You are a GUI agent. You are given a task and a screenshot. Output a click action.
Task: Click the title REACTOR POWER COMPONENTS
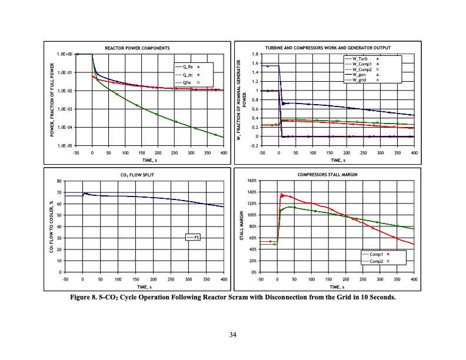pos(137,47)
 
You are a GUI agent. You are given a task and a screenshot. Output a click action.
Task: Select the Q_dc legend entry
pos(189,75)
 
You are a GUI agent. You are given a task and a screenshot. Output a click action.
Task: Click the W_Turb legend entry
pos(361,59)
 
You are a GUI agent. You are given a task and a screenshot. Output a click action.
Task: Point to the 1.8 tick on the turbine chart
pos(255,54)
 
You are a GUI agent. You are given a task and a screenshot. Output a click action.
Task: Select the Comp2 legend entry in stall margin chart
pos(377,261)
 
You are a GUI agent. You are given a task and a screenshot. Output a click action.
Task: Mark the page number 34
pos(233,335)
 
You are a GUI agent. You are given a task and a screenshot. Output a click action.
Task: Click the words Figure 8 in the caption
pos(86,298)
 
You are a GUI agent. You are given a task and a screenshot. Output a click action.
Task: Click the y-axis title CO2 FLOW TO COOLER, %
pos(51,226)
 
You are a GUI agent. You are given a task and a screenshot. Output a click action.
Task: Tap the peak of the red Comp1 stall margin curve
pos(282,194)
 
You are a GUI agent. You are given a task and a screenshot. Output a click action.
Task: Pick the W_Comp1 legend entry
pos(361,64)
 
